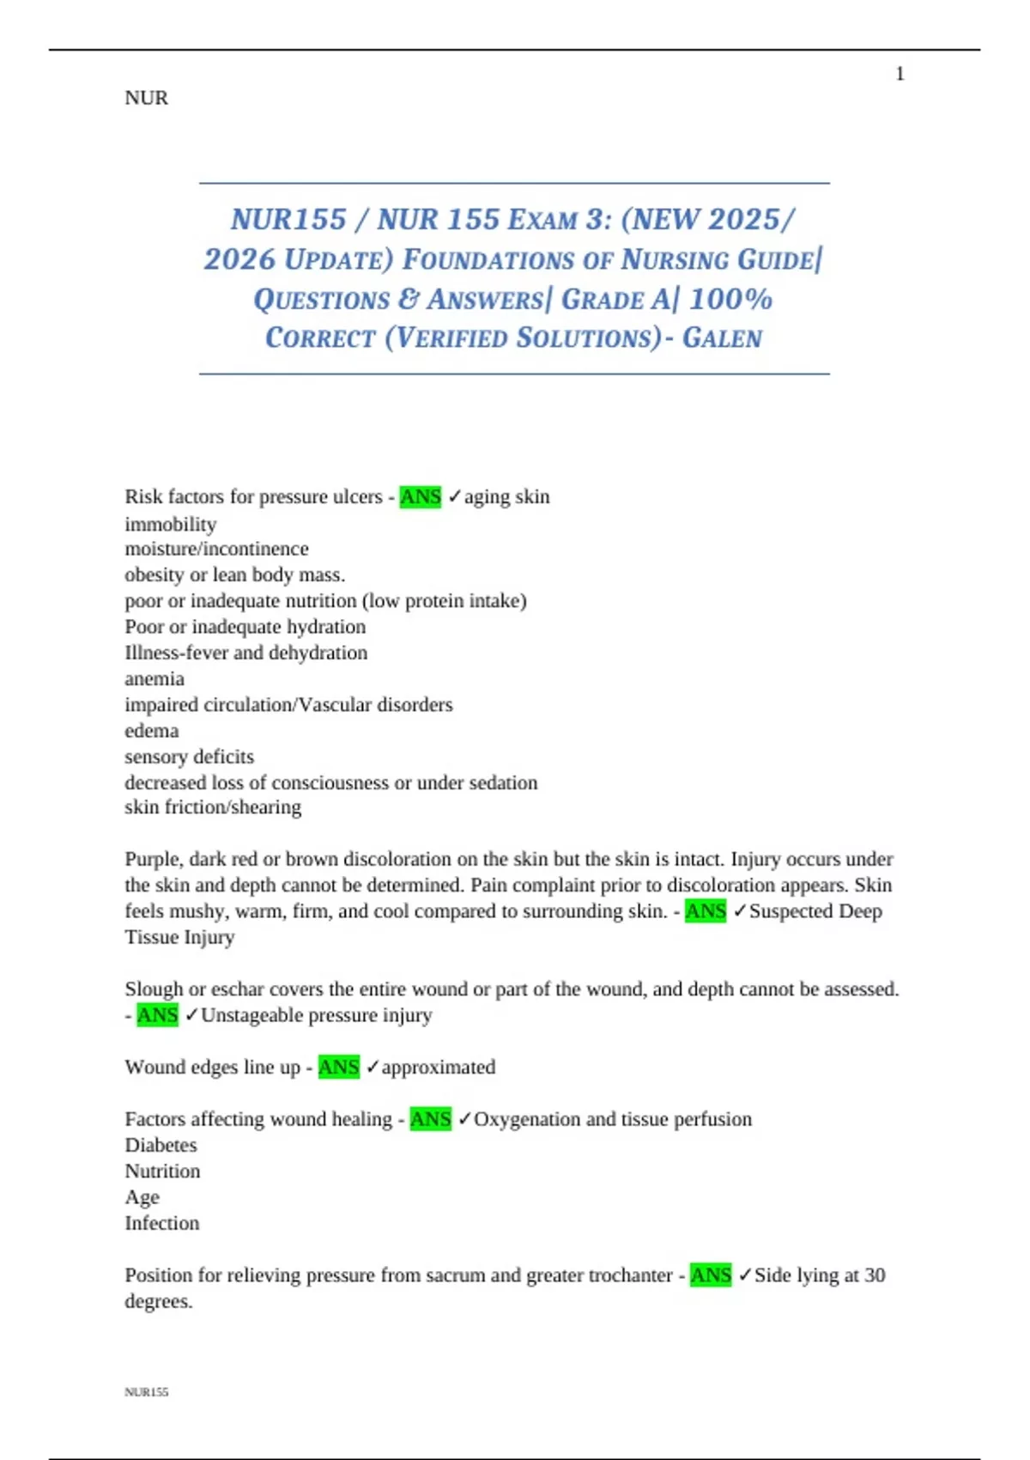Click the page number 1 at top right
[900, 74]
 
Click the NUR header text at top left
[146, 98]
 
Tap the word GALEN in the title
[722, 338]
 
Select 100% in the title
[730, 299]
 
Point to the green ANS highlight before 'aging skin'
[421, 496]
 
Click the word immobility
[170, 524]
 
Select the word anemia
[154, 678]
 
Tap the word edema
[152, 731]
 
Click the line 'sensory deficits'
[189, 757]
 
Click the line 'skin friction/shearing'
[213, 807]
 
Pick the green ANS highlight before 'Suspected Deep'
[706, 911]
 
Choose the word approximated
[439, 1068]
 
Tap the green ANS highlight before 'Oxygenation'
[430, 1119]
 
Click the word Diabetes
[161, 1145]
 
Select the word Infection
[161, 1223]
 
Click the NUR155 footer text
[146, 1392]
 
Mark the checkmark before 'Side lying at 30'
[744, 1274]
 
